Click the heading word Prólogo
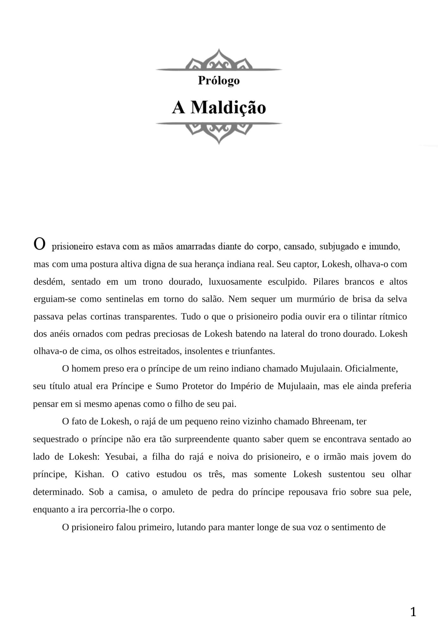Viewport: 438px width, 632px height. (x=219, y=81)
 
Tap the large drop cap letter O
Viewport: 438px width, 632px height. (x=40, y=244)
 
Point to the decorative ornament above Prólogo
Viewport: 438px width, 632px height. (x=219, y=60)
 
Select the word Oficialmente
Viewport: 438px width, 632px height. (x=371, y=369)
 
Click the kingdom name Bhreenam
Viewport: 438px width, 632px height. (x=332, y=421)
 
